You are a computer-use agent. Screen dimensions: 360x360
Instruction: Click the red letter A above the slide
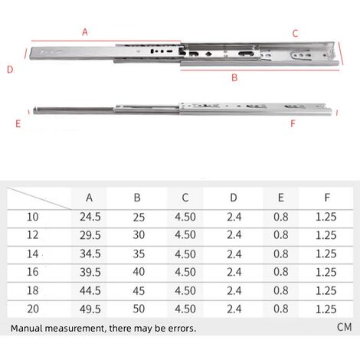(85, 32)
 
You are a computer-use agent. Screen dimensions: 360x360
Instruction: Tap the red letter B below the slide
(234, 77)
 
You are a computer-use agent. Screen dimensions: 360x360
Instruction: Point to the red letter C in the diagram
(295, 34)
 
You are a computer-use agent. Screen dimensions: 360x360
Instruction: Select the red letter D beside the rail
(10, 70)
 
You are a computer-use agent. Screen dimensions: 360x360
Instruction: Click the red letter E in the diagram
(18, 124)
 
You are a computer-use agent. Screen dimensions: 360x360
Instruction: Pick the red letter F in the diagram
(293, 124)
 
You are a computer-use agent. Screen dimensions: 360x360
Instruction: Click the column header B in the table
(137, 198)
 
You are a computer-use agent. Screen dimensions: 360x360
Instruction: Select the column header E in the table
(280, 198)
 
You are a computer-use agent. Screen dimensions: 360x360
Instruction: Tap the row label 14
(33, 254)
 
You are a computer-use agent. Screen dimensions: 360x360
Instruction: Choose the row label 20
(33, 309)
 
